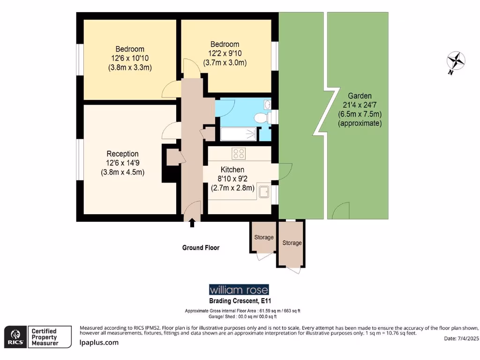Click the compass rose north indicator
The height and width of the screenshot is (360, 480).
coord(456,61)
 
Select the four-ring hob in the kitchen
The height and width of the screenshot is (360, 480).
coord(239,153)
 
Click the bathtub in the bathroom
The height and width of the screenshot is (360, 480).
coord(238,134)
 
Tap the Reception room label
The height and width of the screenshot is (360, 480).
coord(122,154)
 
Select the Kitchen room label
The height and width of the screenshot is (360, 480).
coord(232,169)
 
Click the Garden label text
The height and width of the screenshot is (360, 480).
coord(360,95)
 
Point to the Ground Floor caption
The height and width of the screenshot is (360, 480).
coord(201,247)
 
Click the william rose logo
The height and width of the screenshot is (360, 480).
coord(239,289)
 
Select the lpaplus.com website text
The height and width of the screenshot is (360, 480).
coord(98,343)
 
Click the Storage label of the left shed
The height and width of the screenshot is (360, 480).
coord(263,237)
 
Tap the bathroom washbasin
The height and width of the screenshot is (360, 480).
coord(267,104)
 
